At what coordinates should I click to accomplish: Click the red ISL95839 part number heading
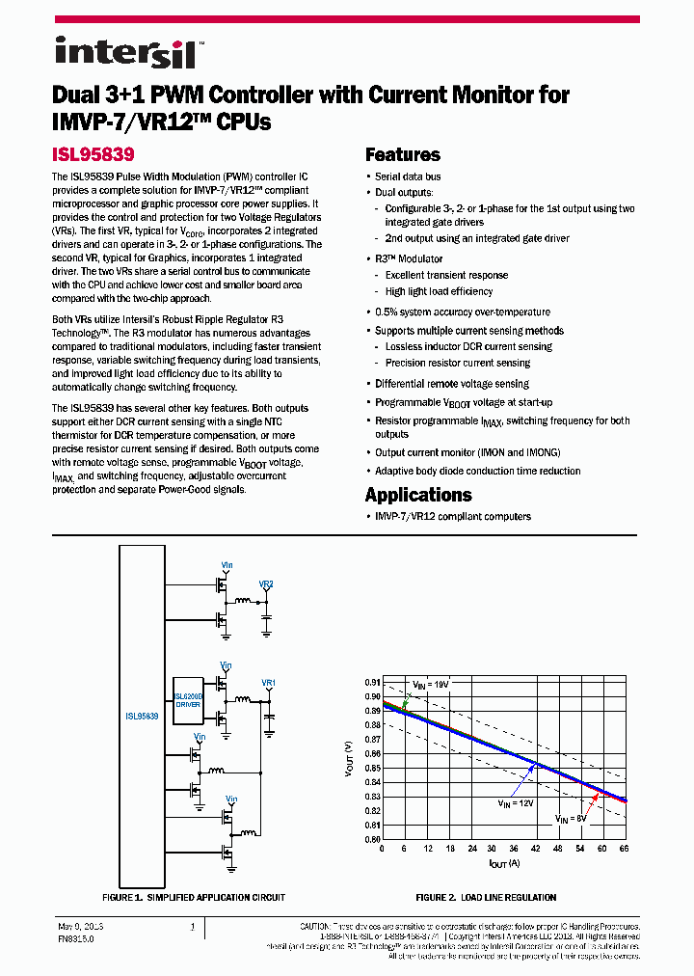click(x=93, y=153)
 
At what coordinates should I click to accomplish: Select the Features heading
click(x=402, y=154)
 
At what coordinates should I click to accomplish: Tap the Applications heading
click(x=418, y=495)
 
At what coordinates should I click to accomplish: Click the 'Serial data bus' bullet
click(x=408, y=176)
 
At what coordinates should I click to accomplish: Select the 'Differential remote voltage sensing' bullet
click(x=451, y=384)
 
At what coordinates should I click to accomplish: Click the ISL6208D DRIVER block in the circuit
click(x=188, y=699)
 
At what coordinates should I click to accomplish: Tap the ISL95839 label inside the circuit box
click(x=142, y=717)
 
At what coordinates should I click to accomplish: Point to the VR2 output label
click(x=266, y=584)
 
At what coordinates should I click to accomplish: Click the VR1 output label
click(x=269, y=683)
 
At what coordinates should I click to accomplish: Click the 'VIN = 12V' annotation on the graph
click(x=516, y=802)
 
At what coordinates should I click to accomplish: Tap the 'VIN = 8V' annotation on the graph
click(x=571, y=818)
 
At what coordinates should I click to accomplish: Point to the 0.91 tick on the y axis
click(x=372, y=681)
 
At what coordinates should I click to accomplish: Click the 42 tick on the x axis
click(x=536, y=848)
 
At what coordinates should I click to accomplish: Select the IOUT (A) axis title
click(x=503, y=862)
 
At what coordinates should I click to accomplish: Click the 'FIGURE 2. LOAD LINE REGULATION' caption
click(x=486, y=898)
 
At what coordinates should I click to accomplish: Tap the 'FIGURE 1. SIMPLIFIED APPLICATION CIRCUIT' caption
click(x=194, y=898)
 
